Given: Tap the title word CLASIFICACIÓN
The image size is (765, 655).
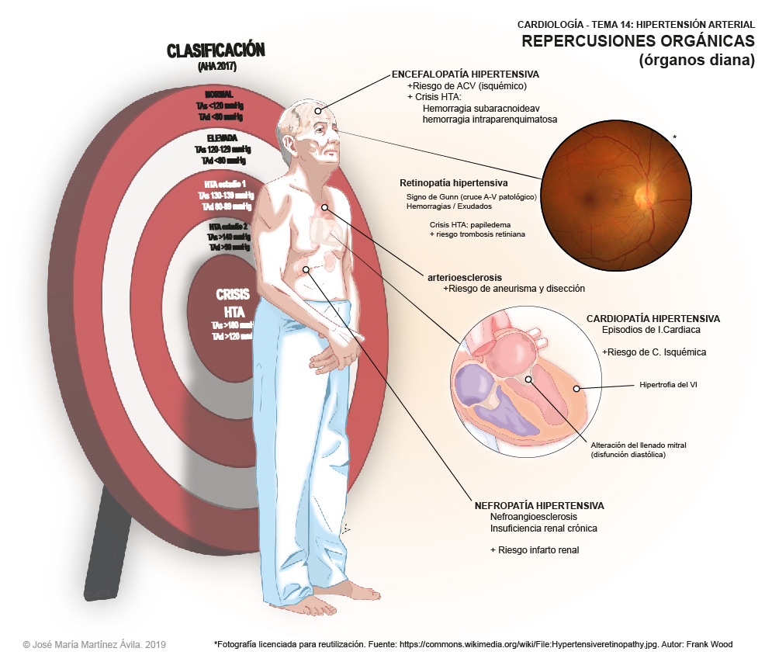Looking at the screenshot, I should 216,51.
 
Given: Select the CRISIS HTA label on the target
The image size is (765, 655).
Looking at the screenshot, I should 232,303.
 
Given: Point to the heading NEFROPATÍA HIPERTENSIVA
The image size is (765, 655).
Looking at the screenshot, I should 538,506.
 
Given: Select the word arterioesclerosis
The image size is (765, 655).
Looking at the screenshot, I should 464,276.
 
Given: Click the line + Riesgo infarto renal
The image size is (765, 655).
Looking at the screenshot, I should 535,549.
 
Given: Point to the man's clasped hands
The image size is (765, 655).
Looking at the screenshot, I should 336,353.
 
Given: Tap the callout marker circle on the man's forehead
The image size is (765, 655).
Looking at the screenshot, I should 317,111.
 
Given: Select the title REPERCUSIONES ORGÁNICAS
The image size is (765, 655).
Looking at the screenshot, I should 638,40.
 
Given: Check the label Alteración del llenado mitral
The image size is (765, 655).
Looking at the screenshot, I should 639,445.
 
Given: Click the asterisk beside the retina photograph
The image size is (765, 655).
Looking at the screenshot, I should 674,138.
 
